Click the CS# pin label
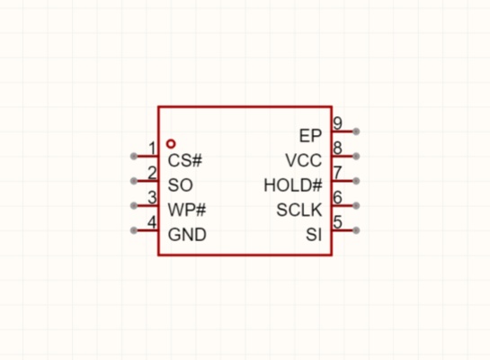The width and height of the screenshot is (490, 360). (185, 160)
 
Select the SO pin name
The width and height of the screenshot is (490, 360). (181, 185)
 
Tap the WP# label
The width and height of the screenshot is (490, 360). (187, 210)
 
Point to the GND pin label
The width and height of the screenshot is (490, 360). (187, 235)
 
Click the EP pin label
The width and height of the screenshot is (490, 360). (310, 136)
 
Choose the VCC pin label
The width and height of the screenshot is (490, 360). (303, 160)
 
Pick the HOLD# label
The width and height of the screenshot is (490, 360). (293, 185)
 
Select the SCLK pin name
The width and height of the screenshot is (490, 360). (299, 210)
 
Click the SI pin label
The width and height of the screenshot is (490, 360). (314, 235)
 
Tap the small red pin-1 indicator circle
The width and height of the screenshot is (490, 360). (171, 144)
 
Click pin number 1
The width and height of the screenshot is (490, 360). (152, 148)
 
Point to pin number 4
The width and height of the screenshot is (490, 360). (152, 222)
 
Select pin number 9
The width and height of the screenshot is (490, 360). (337, 123)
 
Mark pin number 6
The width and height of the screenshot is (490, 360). (337, 198)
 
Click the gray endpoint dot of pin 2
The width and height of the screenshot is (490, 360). (134, 181)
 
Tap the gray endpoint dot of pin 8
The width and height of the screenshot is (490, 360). (356, 156)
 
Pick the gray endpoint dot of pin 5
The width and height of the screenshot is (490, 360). (356, 230)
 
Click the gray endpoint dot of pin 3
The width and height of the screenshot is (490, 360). (134, 205)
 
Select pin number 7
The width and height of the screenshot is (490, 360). (337, 173)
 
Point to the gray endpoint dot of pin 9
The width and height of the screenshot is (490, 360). (356, 131)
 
